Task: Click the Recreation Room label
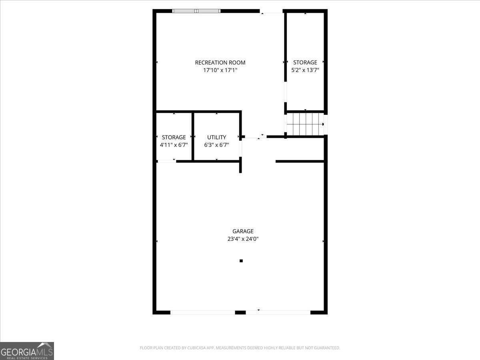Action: pyautogui.click(x=220, y=62)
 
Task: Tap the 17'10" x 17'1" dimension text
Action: pyautogui.click(x=220, y=70)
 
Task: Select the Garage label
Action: pyautogui.click(x=243, y=231)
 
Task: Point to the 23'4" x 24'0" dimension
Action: pyautogui.click(x=243, y=239)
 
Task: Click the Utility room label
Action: pyautogui.click(x=216, y=137)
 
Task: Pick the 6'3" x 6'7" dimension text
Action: pyautogui.click(x=216, y=145)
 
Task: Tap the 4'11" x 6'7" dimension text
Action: pyautogui.click(x=174, y=145)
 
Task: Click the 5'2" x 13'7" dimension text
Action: pyautogui.click(x=305, y=70)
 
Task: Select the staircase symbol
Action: pyautogui.click(x=305, y=124)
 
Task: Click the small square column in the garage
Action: pyautogui.click(x=241, y=261)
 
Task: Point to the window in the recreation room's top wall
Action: pyautogui.click(x=196, y=11)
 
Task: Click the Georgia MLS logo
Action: pyautogui.click(x=27, y=351)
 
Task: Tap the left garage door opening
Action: pyautogui.click(x=202, y=312)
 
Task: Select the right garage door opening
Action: pyautogui.click(x=278, y=312)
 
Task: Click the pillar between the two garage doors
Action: pyautogui.click(x=240, y=312)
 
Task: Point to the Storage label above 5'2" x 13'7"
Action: pyautogui.click(x=305, y=62)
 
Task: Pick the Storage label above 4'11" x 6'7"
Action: pyautogui.click(x=174, y=137)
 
